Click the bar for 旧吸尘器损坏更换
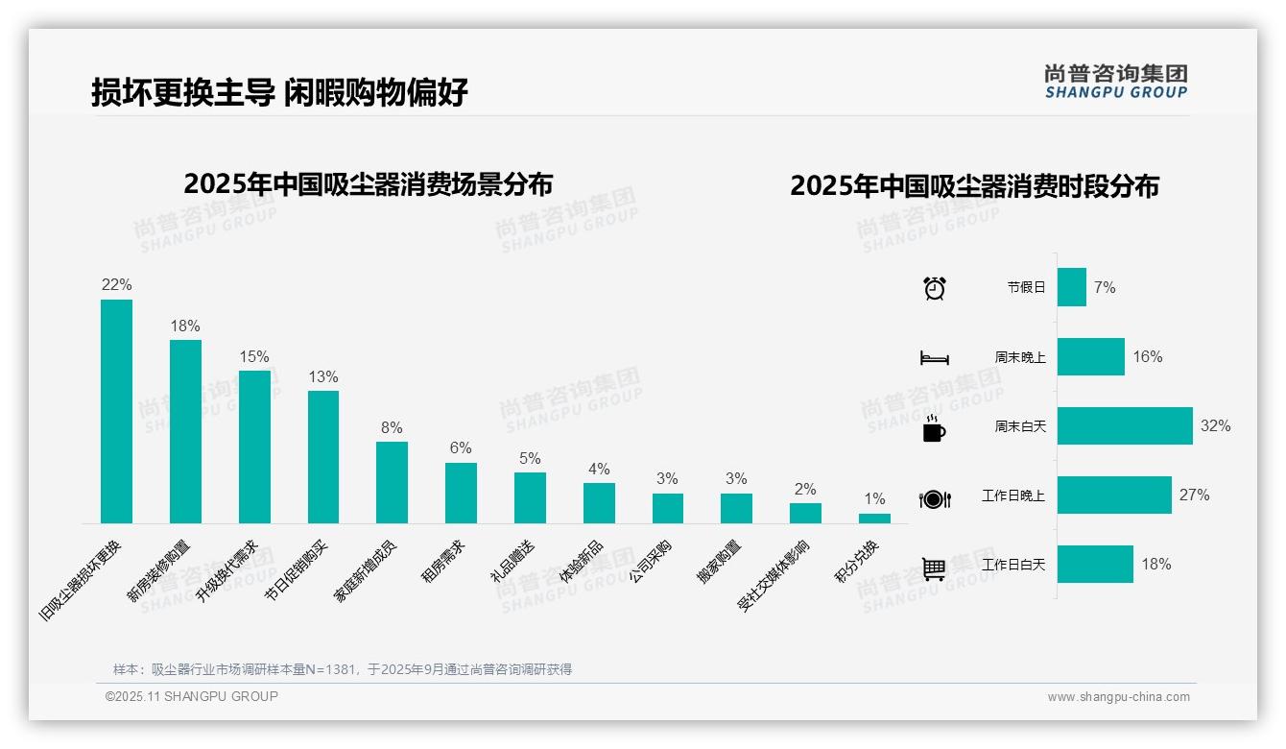tap(116, 411)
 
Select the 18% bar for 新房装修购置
tap(185, 431)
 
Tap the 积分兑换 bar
tap(874, 519)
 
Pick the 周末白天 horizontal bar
tap(1125, 425)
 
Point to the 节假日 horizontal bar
tap(1071, 287)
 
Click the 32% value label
tap(1215, 425)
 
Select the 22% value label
tap(116, 285)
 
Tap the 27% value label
tap(1194, 495)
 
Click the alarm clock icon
tap(934, 287)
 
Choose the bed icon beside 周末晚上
tap(934, 357)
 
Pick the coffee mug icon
tap(934, 429)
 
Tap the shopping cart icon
tap(934, 568)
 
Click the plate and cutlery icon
tap(934, 498)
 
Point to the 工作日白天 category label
tap(1012, 565)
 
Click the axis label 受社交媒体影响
tap(774, 576)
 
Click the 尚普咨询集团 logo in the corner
tap(1115, 81)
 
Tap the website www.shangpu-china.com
tap(1118, 697)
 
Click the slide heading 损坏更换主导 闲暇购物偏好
tap(279, 92)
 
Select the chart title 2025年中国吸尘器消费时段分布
tap(974, 185)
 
